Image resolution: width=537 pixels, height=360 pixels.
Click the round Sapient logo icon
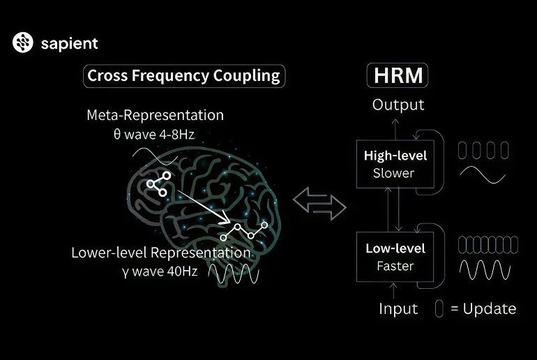(23, 43)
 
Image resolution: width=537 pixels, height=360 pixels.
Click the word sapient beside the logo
(70, 43)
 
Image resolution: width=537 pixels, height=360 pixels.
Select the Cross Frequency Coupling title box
(184, 76)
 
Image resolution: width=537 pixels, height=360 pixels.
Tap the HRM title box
(398, 75)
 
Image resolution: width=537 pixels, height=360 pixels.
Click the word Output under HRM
(398, 105)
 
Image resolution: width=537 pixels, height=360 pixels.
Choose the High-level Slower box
(395, 164)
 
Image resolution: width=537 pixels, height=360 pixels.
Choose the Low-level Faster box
(395, 257)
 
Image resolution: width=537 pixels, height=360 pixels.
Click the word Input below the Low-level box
(398, 309)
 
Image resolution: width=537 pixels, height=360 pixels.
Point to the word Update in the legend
(490, 308)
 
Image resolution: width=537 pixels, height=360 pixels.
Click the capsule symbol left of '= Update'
(439, 308)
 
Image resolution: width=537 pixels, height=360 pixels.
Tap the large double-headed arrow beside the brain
(319, 204)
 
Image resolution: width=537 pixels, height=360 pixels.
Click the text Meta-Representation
(155, 115)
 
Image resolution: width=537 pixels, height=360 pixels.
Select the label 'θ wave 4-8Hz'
(154, 134)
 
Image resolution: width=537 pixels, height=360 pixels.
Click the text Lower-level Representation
(161, 253)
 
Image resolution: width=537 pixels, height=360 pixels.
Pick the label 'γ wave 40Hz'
(160, 271)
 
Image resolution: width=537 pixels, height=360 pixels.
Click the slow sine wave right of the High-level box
(483, 174)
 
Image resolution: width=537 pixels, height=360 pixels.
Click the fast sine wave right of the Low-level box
(485, 270)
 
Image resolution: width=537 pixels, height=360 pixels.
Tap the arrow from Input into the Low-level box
(393, 291)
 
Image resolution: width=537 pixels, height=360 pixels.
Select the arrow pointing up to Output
(395, 129)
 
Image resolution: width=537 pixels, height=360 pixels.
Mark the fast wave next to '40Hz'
(234, 274)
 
